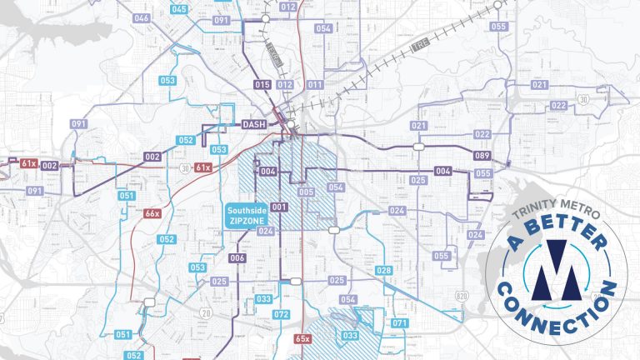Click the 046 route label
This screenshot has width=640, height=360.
click(141, 18)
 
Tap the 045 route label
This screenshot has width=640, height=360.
click(179, 9)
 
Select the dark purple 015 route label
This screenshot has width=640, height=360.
click(262, 85)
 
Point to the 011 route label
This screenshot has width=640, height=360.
click(315, 85)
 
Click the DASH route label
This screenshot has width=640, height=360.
click(252, 125)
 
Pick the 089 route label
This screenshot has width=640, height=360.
click(482, 156)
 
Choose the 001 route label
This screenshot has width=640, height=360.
click(278, 207)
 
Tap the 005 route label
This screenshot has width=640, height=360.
click(306, 192)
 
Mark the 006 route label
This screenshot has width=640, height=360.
click(237, 258)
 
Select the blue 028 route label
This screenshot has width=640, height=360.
click(383, 271)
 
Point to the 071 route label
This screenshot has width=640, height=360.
click(400, 322)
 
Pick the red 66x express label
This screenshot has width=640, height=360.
click(152, 214)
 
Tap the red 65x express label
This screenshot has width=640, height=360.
click(302, 338)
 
